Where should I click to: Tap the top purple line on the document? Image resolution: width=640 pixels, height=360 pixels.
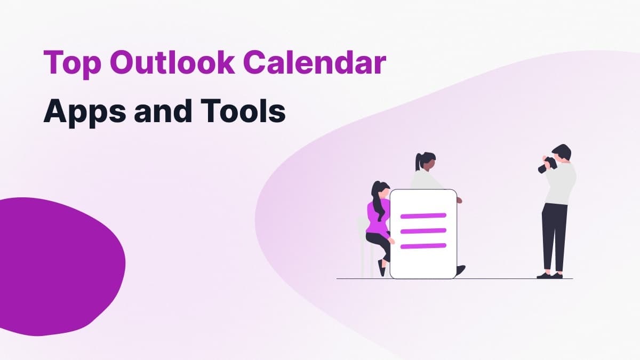point(423,215)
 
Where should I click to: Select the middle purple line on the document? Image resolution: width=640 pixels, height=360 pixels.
point(423,230)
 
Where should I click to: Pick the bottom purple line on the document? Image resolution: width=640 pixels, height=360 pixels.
point(423,245)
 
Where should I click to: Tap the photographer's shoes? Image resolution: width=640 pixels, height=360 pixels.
point(549,275)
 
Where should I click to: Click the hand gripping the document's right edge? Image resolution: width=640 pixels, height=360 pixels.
point(459,201)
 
